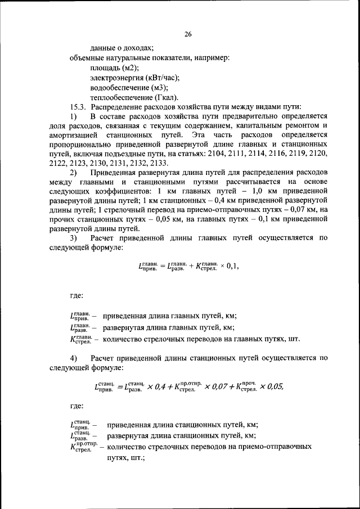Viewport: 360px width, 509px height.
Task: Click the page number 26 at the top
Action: pos(188,34)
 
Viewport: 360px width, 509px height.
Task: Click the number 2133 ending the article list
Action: pos(175,163)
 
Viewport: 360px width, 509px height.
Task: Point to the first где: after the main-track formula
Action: pos(78,295)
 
